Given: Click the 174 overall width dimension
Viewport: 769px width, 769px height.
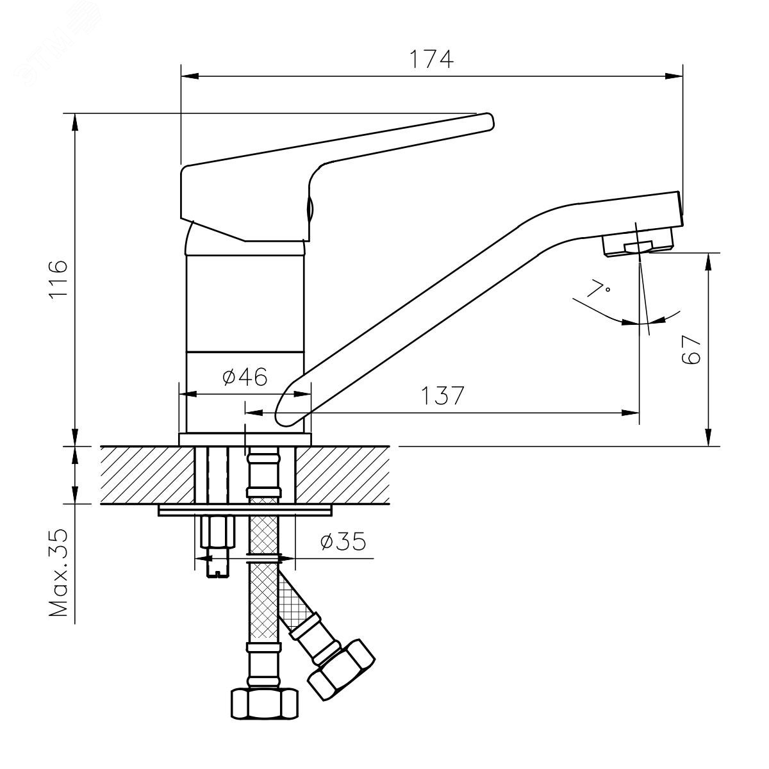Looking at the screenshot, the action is point(431,60).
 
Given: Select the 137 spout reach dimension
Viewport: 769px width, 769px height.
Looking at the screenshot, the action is point(443,395).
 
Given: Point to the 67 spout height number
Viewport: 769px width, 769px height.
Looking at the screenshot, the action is point(691,350).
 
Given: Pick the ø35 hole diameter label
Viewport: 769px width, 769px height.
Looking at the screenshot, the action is point(343,542).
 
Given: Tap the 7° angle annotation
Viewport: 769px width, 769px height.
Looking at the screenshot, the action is point(598,288).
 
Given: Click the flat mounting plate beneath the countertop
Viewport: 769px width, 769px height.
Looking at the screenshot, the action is point(245,510).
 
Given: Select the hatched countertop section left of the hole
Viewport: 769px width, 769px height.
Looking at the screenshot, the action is point(147,474).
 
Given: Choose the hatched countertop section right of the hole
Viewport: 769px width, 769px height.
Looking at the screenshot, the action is point(343,474).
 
